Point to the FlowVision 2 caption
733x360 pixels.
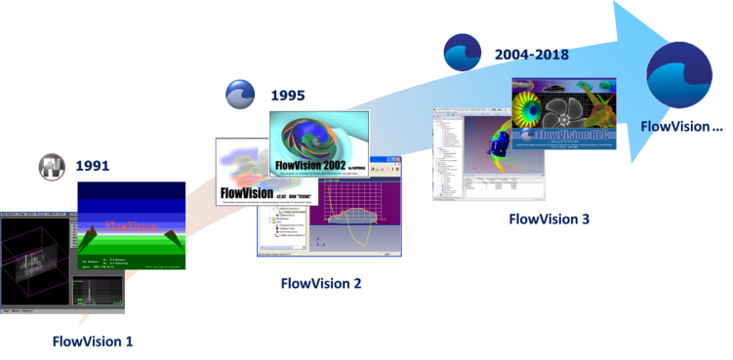click(x=321, y=283)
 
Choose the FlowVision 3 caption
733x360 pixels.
click(x=550, y=219)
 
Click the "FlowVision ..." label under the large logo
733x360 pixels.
click(x=682, y=126)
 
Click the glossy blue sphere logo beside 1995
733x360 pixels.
click(x=240, y=95)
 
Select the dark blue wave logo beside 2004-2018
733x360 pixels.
click(x=460, y=53)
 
